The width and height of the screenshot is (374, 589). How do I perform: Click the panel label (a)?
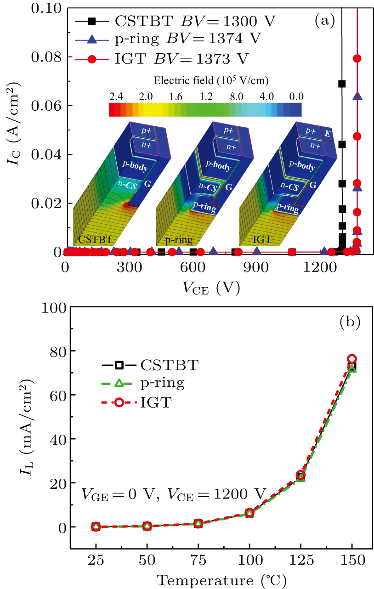[324, 20]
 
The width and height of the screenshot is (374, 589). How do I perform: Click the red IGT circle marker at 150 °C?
[352, 359]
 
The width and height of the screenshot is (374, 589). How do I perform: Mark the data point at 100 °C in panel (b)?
[249, 513]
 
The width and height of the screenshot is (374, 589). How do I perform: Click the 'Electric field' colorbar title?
[211, 81]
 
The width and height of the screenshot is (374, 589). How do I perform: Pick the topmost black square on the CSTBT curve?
[342, 84]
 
